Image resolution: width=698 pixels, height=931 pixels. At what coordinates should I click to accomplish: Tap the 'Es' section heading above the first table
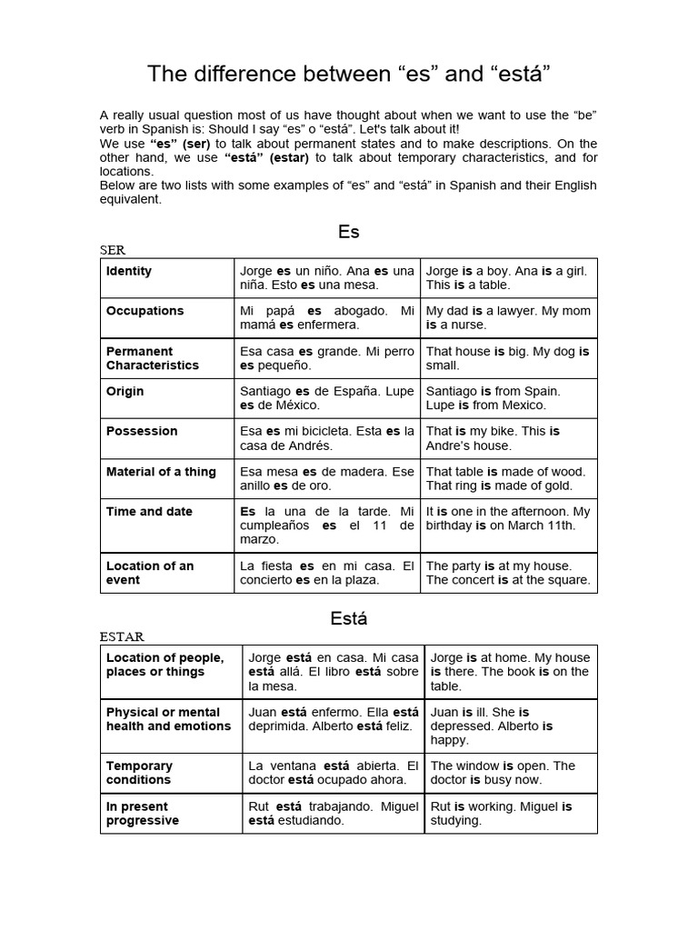click(349, 232)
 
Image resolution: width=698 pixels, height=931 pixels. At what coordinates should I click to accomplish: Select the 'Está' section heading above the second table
click(349, 619)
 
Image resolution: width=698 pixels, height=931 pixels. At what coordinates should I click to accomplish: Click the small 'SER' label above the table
click(113, 250)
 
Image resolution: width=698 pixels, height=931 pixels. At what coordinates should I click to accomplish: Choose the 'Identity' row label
click(129, 271)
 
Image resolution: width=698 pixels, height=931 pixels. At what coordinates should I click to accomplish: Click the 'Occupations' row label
click(145, 311)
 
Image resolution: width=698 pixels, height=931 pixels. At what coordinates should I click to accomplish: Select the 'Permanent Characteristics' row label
click(152, 358)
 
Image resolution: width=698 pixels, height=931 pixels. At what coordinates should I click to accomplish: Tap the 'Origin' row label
click(125, 391)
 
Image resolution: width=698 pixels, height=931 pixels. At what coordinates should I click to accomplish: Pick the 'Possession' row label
click(142, 431)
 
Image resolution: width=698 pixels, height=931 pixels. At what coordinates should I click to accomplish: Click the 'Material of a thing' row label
click(161, 471)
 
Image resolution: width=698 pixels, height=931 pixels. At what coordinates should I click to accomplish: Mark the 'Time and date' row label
click(149, 511)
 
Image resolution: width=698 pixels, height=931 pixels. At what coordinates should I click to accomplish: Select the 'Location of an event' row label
click(150, 573)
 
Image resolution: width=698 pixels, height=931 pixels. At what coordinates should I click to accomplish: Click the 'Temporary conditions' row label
click(139, 773)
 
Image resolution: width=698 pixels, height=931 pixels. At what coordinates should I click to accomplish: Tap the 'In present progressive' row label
click(143, 813)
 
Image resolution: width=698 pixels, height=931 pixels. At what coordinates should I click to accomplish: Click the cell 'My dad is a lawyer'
click(508, 317)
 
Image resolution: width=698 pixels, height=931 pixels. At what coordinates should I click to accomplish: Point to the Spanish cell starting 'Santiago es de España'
click(326, 398)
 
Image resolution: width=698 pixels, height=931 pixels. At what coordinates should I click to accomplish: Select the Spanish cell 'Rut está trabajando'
click(333, 813)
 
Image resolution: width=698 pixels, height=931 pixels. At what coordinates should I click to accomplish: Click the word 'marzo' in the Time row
click(259, 539)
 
